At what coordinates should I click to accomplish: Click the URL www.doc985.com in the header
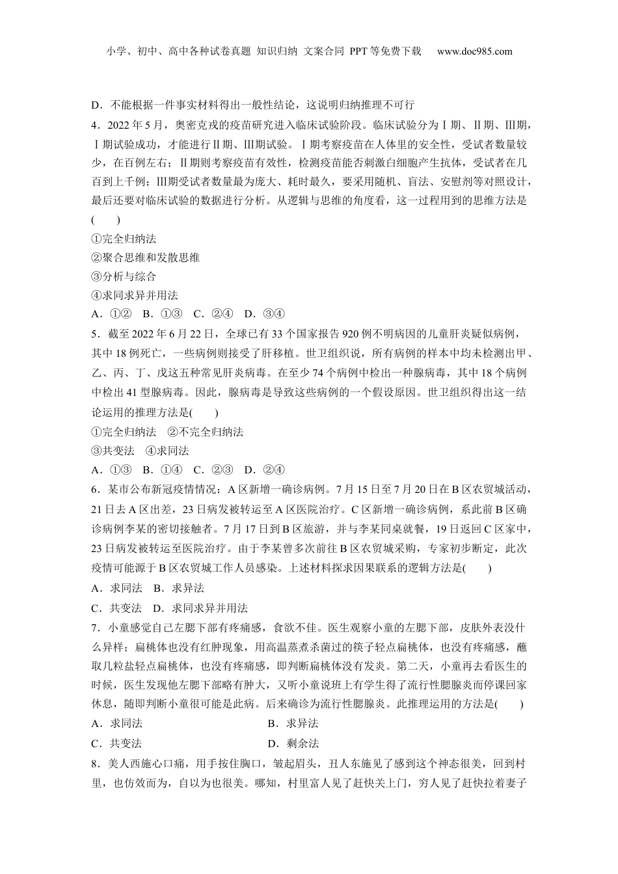(475, 51)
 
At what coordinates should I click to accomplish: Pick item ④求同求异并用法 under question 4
(135, 295)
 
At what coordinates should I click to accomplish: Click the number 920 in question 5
(350, 335)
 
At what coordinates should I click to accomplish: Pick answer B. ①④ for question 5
(163, 470)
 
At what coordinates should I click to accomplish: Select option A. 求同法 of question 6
(117, 589)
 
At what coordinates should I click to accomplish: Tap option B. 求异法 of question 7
(293, 724)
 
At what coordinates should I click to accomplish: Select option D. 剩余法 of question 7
(293, 743)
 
